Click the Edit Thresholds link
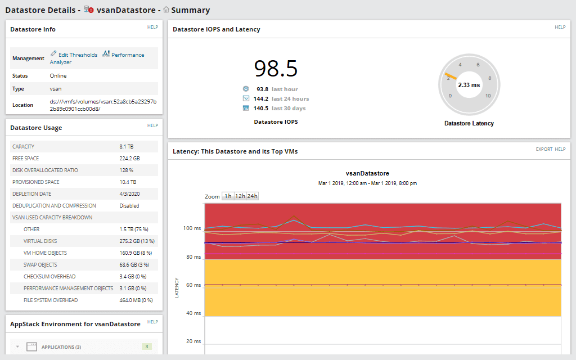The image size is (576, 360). (78, 55)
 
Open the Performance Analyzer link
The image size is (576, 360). (127, 55)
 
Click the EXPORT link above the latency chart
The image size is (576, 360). (544, 149)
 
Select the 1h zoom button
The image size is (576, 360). (228, 196)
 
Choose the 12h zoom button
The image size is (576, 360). (240, 196)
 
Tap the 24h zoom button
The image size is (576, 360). (252, 196)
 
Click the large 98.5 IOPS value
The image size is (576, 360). (276, 69)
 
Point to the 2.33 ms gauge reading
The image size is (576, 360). (469, 85)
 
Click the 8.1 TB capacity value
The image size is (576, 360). (127, 147)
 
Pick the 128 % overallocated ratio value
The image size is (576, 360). (126, 170)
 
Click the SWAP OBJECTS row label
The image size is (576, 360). (40, 265)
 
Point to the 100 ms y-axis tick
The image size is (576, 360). (191, 229)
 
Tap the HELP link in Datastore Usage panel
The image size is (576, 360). (152, 125)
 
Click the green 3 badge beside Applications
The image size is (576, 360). (147, 347)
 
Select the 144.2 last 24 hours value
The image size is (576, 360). (260, 99)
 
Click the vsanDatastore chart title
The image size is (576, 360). (367, 173)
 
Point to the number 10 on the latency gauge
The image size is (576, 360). (488, 96)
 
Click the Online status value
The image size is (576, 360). (58, 76)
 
